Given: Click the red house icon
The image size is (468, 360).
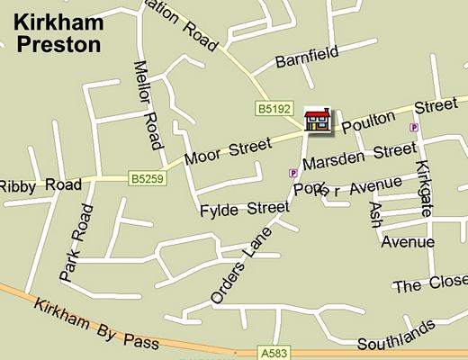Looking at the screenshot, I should pyautogui.click(x=317, y=120).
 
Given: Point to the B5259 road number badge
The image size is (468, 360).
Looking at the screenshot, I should pyautogui.click(x=146, y=179).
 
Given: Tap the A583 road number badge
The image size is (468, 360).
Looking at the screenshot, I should pyautogui.click(x=276, y=352).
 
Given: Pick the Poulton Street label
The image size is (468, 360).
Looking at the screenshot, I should pyautogui.click(x=400, y=114).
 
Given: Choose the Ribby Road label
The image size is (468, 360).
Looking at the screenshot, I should pyautogui.click(x=40, y=185).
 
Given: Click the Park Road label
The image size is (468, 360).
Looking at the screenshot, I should pyautogui.click(x=76, y=241).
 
